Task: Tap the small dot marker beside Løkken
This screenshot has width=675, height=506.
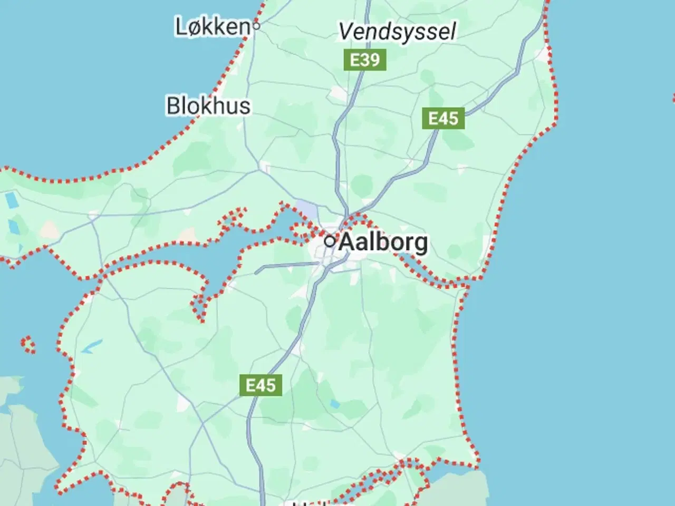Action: pos(256,25)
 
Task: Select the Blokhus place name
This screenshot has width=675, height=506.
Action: pos(208,105)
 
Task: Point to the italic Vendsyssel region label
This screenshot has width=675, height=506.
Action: pos(397,32)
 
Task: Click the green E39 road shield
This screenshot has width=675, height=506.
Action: pos(365,60)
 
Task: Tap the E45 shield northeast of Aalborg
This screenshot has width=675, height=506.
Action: pos(443,119)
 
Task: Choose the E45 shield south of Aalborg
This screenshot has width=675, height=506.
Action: pos(261,385)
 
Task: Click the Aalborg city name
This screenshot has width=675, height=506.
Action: pos(383,242)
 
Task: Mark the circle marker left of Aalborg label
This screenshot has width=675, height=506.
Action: pos(330,241)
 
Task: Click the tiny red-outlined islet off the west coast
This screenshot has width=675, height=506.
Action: pos(28,345)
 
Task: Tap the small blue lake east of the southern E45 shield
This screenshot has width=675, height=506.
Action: pos(334,404)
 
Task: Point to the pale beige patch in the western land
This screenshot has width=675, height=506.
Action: pos(49,229)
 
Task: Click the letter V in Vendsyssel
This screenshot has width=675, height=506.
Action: pos(346,32)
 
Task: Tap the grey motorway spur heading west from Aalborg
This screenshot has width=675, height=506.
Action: pos(279,266)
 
